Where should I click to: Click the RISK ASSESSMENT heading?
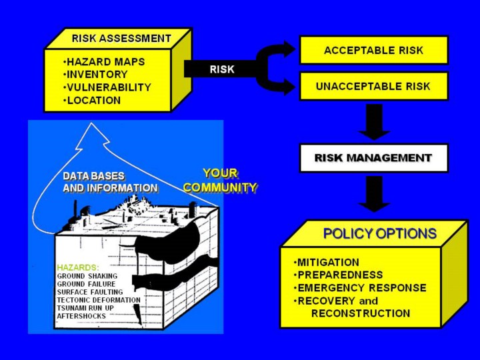121,39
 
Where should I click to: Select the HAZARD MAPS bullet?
104,62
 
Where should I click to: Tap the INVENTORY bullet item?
95,75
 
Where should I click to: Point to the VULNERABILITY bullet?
107,87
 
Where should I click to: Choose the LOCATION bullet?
92,101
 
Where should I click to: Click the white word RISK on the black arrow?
222,69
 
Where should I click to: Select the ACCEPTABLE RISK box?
374,50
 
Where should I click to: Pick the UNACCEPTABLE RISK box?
374,86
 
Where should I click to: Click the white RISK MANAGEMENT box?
374,158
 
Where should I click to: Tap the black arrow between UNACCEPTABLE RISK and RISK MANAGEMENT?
374,122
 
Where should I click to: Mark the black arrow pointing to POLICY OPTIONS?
374,194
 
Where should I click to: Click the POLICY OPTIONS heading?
380,233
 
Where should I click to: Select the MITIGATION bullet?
326,263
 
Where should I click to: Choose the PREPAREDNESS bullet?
338,275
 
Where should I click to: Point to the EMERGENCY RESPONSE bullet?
360,288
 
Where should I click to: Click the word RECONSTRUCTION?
361,313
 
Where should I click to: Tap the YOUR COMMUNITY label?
220,180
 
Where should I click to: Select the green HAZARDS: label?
78,267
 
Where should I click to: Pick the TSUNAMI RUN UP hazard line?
85,308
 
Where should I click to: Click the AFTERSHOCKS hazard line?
81,316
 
